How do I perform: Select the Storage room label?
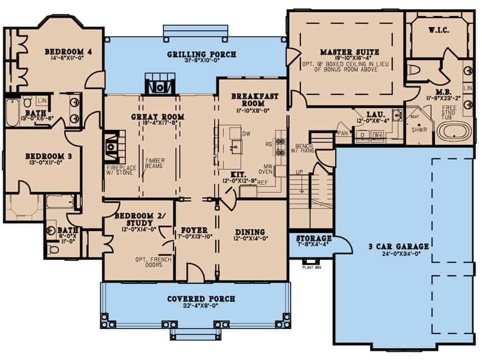314,238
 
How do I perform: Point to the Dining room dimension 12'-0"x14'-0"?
251,238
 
